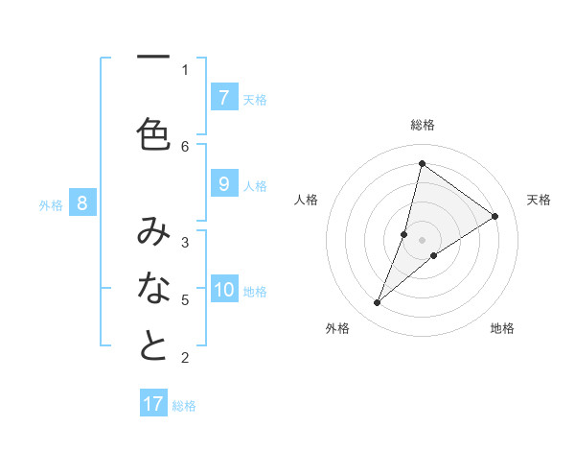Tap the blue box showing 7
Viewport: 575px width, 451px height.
pyautogui.click(x=223, y=98)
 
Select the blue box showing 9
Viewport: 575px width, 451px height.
pyautogui.click(x=223, y=185)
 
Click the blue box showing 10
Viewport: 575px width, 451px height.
pyautogui.click(x=223, y=291)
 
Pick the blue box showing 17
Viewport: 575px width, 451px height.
pyautogui.click(x=153, y=404)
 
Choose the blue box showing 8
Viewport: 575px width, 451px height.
pyautogui.click(x=82, y=203)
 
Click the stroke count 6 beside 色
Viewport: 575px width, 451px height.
pyautogui.click(x=185, y=146)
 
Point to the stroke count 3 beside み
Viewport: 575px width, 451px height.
pyautogui.click(x=185, y=242)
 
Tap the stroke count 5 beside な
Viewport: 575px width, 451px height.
pyautogui.click(x=185, y=299)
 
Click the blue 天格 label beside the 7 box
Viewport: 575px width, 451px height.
pyautogui.click(x=255, y=99)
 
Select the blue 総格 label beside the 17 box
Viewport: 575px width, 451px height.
pyautogui.click(x=184, y=405)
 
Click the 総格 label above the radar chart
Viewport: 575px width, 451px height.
pyautogui.click(x=422, y=125)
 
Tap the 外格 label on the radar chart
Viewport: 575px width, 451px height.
pyautogui.click(x=337, y=328)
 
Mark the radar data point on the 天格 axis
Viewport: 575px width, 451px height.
pyautogui.click(x=495, y=216)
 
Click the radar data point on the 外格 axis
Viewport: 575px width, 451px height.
pyautogui.click(x=378, y=303)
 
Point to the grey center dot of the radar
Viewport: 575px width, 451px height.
pyautogui.click(x=422, y=240)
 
